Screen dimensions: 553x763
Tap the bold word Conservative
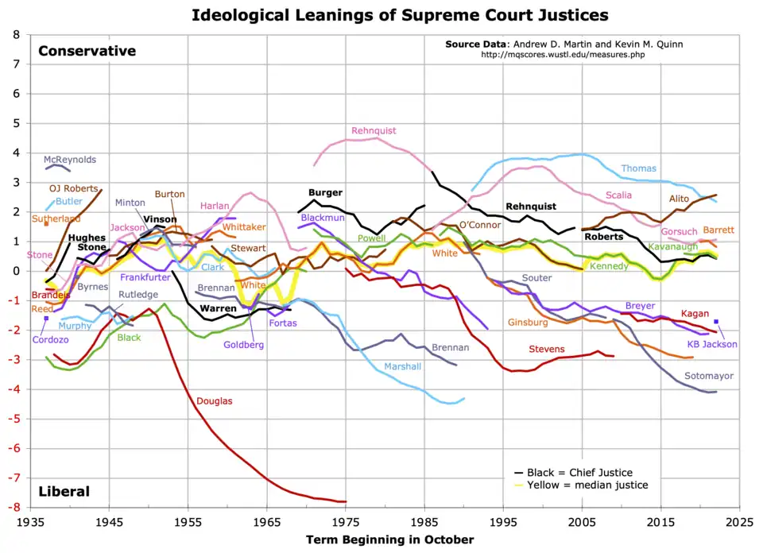(87, 51)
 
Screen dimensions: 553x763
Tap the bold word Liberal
(64, 492)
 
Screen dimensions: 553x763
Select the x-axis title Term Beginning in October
(389, 540)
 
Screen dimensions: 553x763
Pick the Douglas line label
(215, 401)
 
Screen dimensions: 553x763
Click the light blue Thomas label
(638, 168)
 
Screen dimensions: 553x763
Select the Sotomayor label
(708, 376)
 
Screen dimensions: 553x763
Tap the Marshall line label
(403, 366)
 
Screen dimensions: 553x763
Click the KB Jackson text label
(712, 344)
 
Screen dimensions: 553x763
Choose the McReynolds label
(70, 160)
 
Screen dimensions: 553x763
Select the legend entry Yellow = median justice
(587, 485)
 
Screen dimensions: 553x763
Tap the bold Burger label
(325, 193)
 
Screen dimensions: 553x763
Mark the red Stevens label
(547, 349)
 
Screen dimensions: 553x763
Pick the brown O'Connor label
(480, 225)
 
